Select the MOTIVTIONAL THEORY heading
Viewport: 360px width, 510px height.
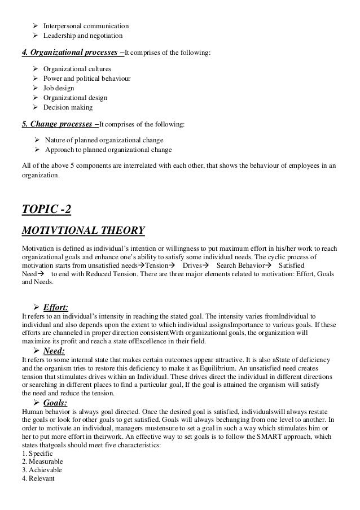83,230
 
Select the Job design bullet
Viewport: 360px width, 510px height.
58,88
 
